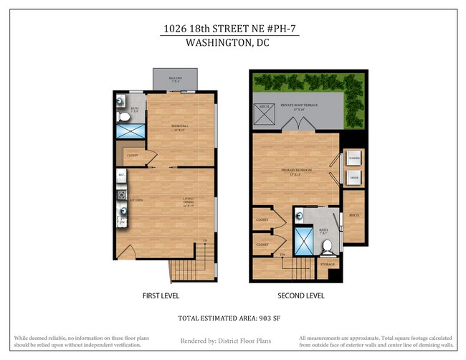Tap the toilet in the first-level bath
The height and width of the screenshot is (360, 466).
click(x=123, y=115)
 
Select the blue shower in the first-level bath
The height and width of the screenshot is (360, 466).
click(x=130, y=131)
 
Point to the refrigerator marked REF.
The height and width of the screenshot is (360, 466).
click(x=121, y=175)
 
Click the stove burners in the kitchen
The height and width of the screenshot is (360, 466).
click(x=121, y=193)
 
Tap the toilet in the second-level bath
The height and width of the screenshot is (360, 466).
click(x=327, y=247)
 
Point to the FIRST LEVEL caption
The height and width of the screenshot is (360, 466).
click(x=161, y=295)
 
